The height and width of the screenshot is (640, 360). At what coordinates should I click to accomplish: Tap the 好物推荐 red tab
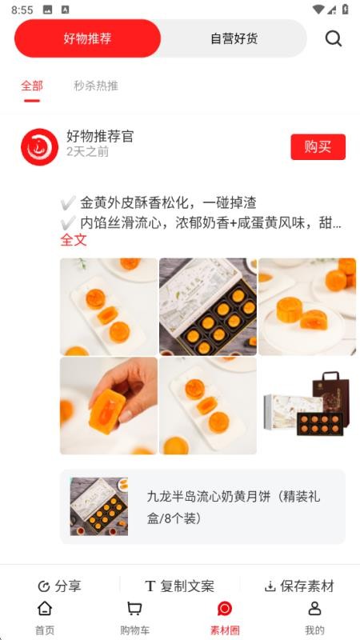click(x=87, y=38)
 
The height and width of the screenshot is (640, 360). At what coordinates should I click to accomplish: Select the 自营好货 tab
click(x=234, y=38)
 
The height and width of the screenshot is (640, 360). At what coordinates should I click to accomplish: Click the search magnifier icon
click(x=334, y=38)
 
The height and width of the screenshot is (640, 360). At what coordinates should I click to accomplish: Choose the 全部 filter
click(x=32, y=86)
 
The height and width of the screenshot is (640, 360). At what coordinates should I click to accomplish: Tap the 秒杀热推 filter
click(x=96, y=86)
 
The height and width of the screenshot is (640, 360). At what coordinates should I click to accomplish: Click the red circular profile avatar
click(x=39, y=147)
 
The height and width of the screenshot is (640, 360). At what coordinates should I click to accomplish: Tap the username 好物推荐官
click(x=100, y=137)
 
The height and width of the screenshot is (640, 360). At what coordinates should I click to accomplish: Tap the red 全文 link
click(x=74, y=240)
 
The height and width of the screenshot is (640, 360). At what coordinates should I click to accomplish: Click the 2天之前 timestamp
click(x=87, y=151)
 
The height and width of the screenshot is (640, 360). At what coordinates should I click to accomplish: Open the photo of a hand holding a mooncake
click(x=109, y=406)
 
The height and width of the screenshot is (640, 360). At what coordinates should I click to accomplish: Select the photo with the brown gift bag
click(x=307, y=406)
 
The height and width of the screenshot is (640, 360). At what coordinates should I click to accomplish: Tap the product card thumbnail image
click(x=98, y=506)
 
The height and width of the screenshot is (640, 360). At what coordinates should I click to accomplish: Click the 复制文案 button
click(x=179, y=586)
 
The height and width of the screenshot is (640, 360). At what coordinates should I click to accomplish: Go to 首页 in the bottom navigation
click(x=45, y=618)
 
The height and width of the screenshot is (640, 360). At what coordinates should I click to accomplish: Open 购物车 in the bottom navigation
click(x=134, y=618)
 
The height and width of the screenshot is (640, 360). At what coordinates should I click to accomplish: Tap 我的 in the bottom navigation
click(x=314, y=618)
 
